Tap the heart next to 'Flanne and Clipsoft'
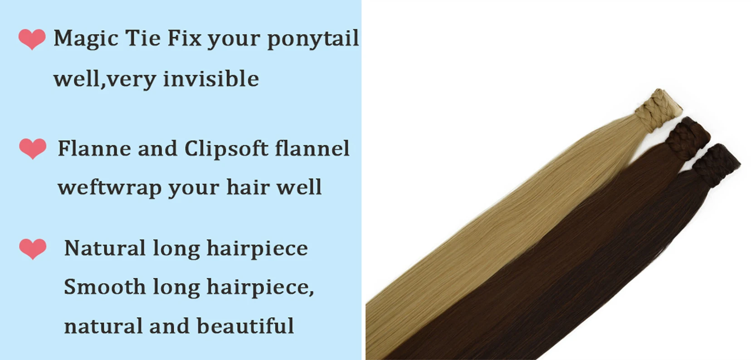point(33,149)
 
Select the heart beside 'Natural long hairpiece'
point(33,249)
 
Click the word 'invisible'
point(211,79)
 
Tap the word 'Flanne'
point(94,149)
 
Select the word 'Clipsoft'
point(226,149)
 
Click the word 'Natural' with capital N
point(105,248)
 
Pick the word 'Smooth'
point(105,287)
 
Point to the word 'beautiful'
point(245,326)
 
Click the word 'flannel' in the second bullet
point(312,149)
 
